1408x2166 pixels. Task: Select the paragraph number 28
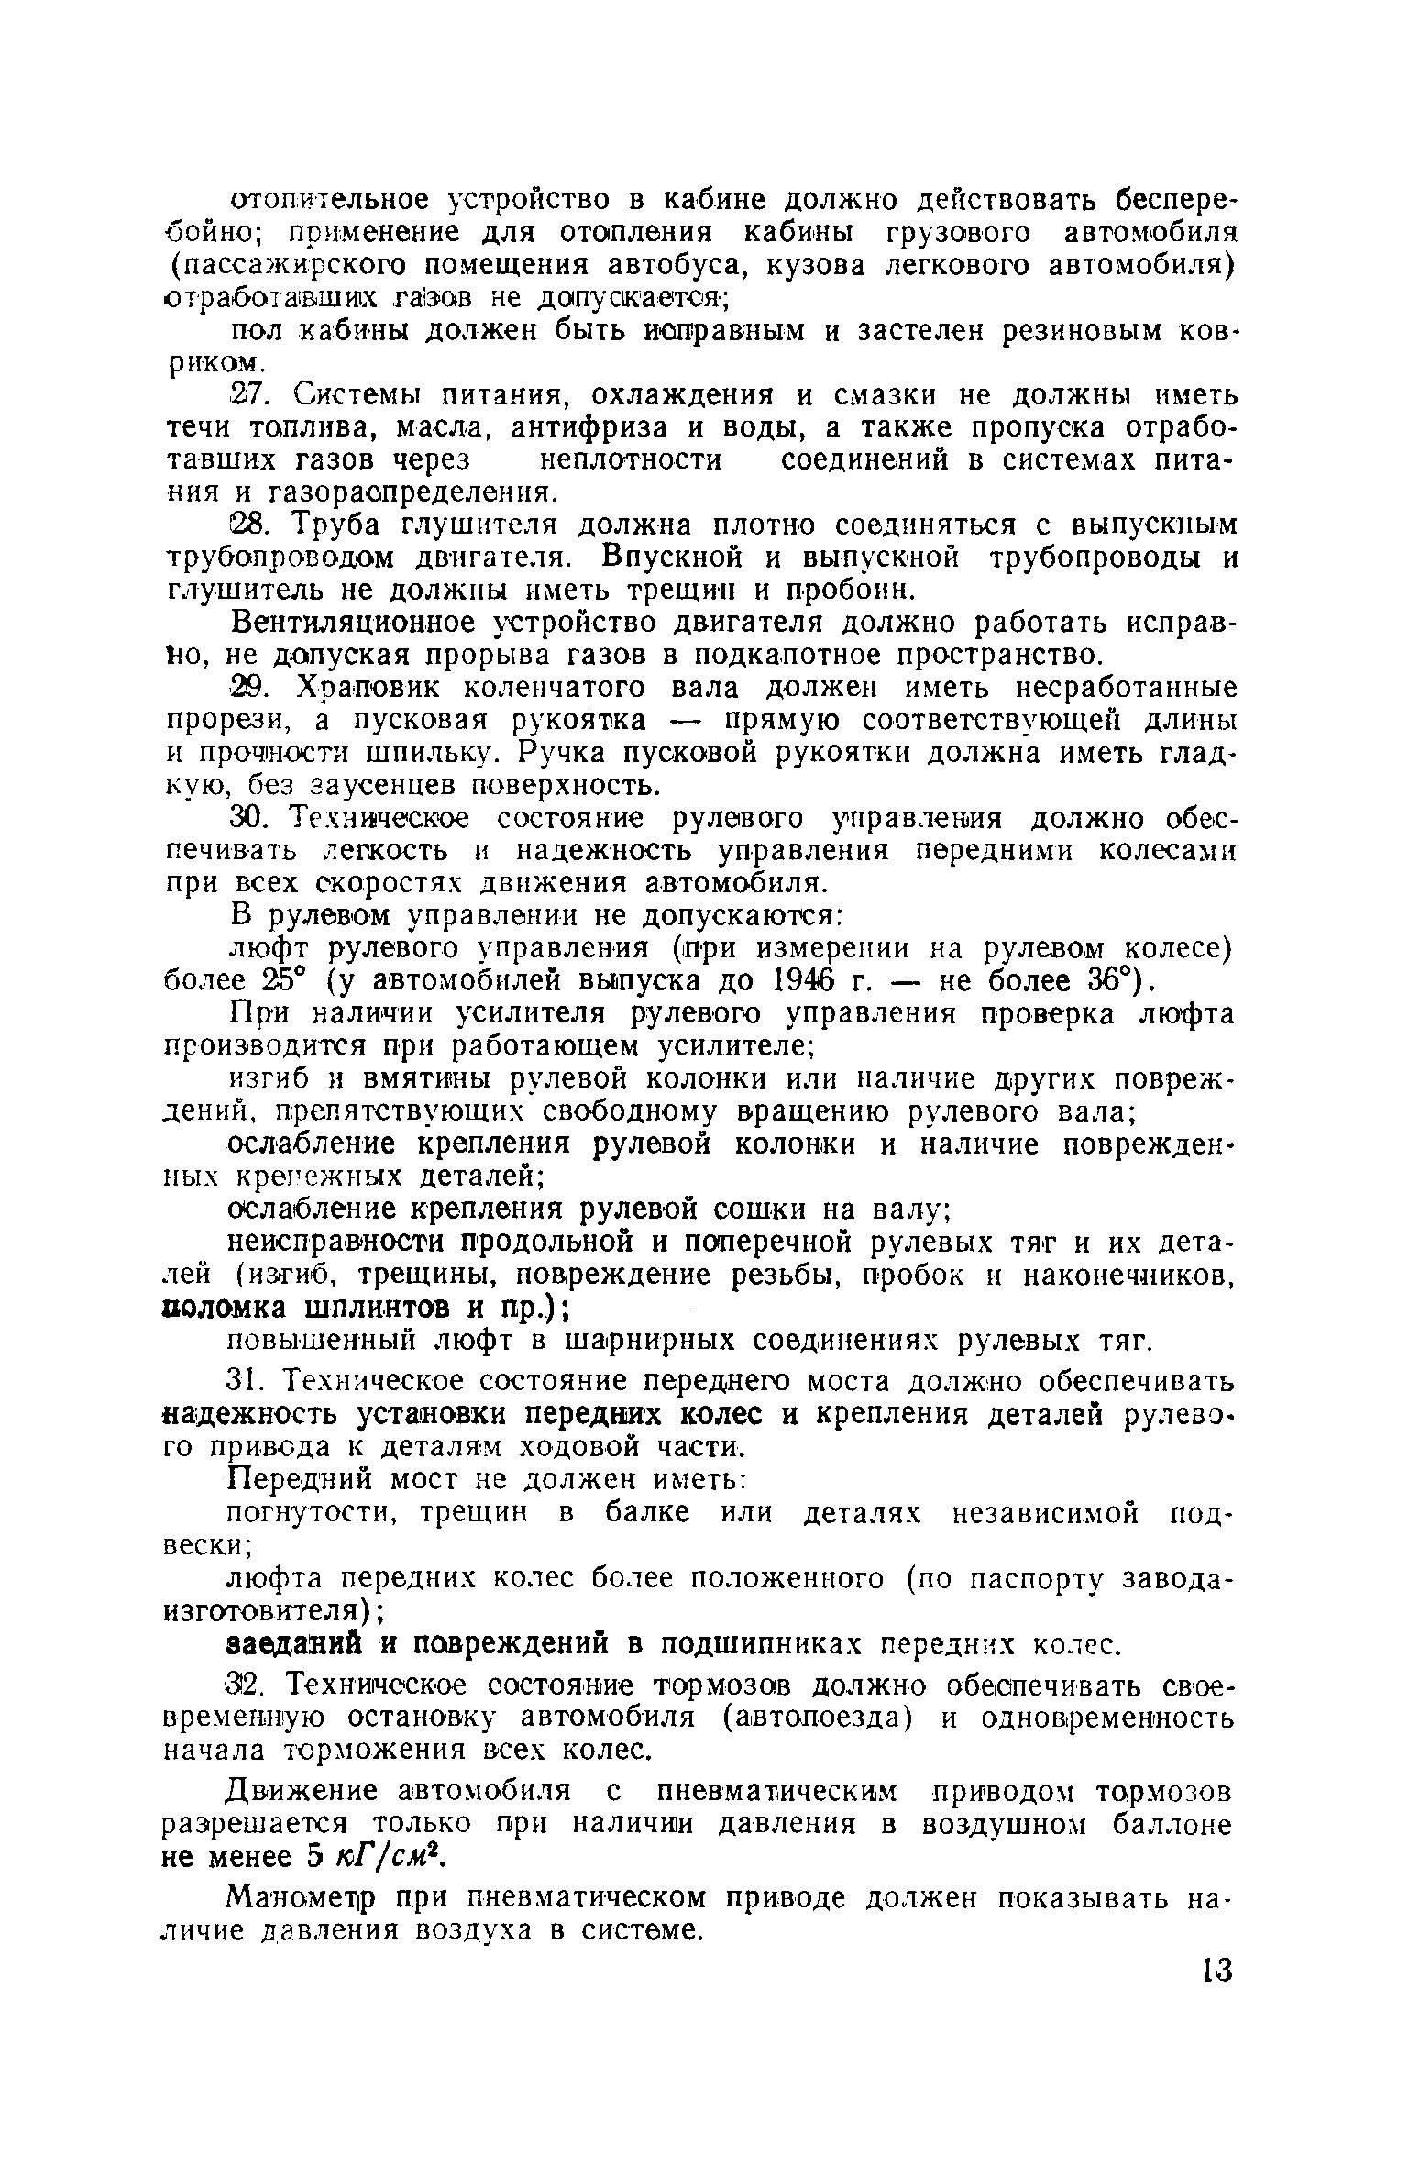pos(246,526)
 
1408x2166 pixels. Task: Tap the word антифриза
pos(590,428)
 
